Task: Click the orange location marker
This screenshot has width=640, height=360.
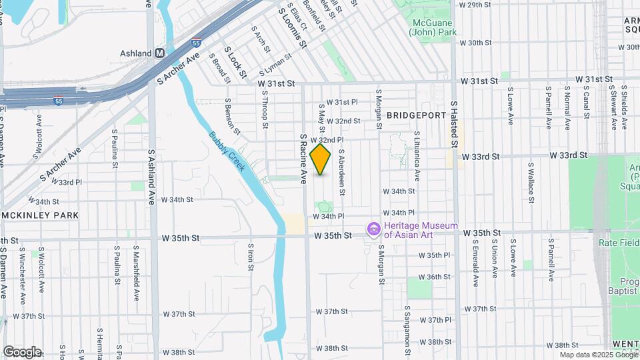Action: [x=321, y=159]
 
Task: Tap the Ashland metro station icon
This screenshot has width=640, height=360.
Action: [x=159, y=53]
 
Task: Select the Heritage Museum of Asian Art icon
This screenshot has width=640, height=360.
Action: [x=374, y=230]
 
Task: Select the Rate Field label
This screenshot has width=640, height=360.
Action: [x=618, y=243]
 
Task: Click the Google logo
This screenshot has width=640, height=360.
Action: [x=21, y=352]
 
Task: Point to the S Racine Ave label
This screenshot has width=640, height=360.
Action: [x=303, y=159]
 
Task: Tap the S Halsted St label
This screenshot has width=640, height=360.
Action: [x=454, y=125]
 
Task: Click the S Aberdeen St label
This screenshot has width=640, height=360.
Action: [x=341, y=171]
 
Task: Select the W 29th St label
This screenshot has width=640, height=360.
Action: [x=480, y=5]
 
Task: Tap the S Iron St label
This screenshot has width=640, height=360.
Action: [x=251, y=257]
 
